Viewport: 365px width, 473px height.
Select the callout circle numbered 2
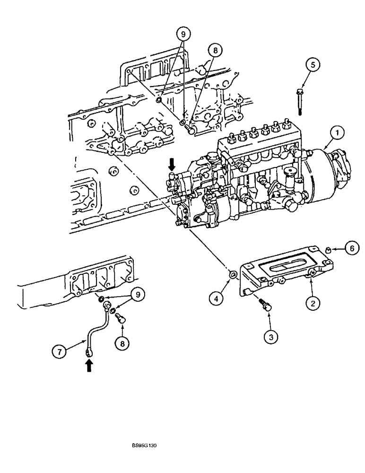coord(312,303)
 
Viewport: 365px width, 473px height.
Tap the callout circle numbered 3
coord(270,336)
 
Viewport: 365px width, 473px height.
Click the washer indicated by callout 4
coord(233,275)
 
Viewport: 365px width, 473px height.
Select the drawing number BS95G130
coord(144,446)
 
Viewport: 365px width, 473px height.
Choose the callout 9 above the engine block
coord(182,35)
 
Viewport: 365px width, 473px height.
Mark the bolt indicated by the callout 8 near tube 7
coord(121,320)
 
